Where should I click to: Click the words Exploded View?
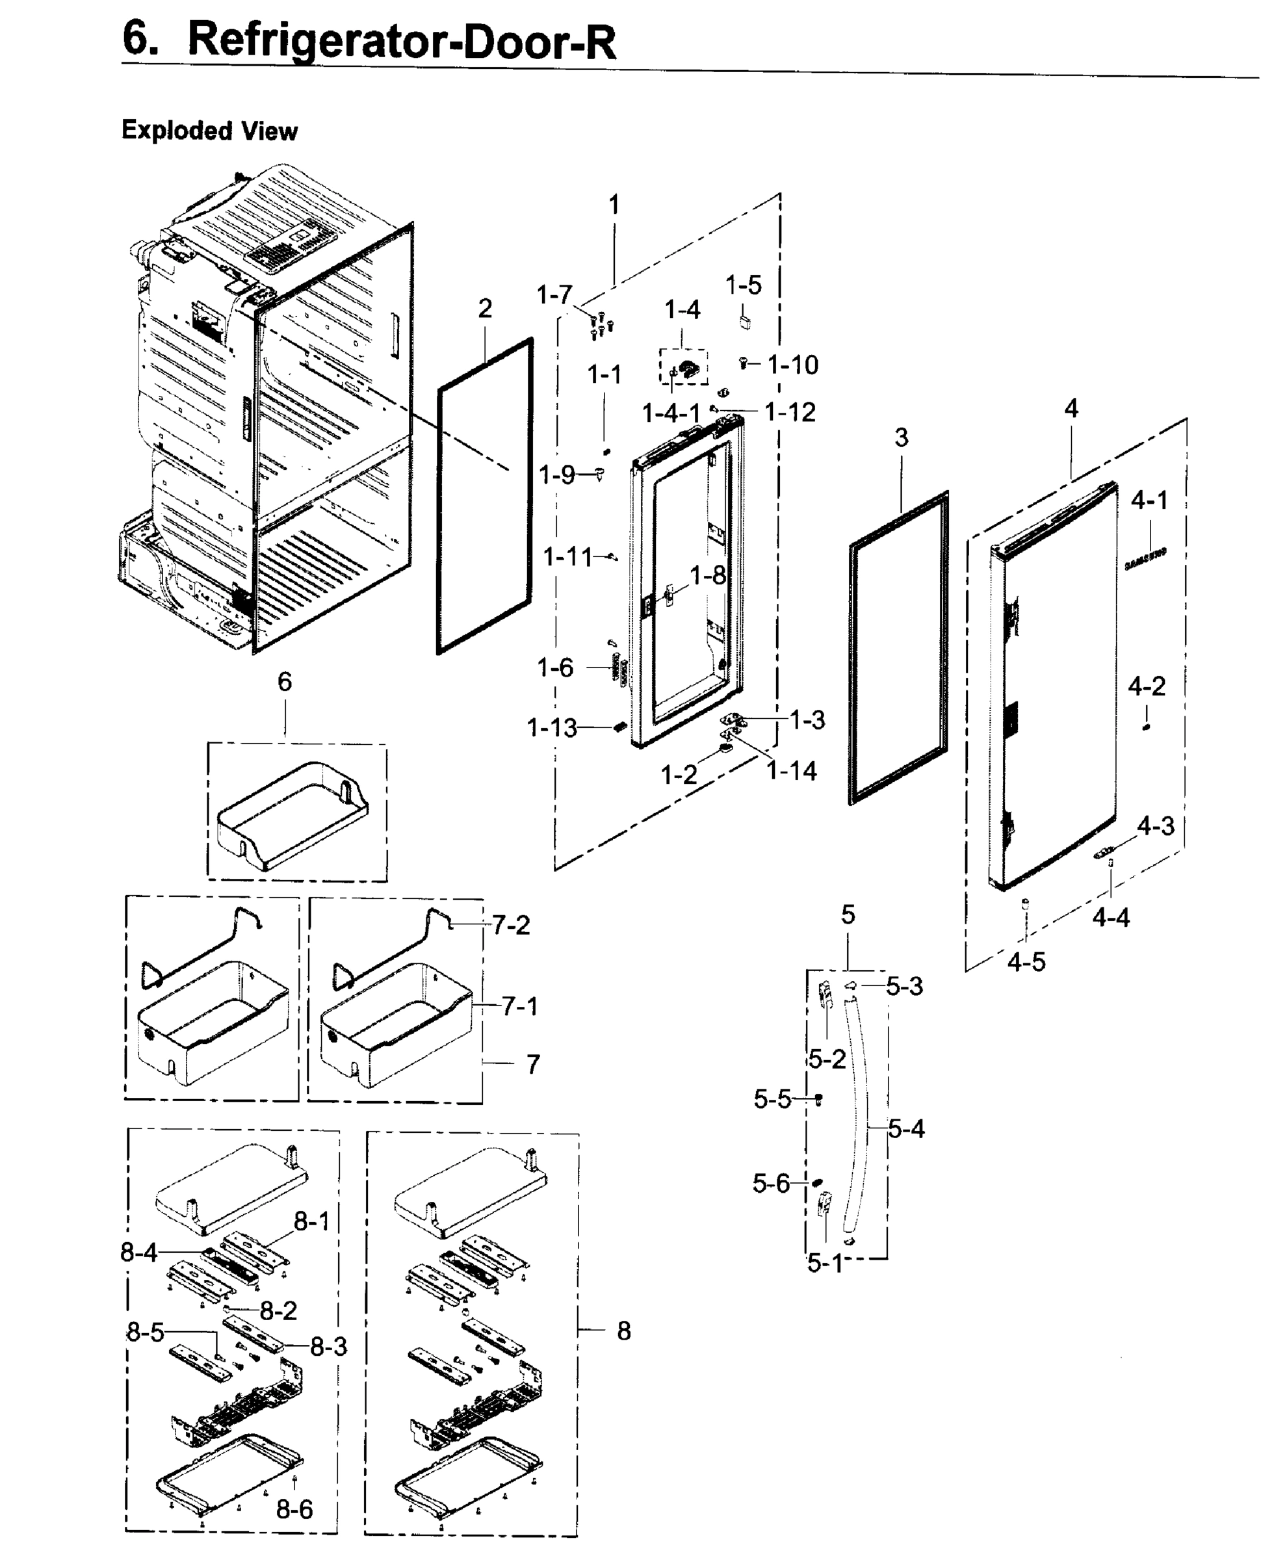click(209, 131)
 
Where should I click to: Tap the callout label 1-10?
click(792, 365)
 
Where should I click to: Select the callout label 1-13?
click(552, 728)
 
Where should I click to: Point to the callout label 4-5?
click(1026, 961)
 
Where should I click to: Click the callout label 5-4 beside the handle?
click(906, 1128)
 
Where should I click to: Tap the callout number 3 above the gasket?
click(901, 438)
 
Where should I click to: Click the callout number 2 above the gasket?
click(484, 309)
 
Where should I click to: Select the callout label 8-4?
click(138, 1252)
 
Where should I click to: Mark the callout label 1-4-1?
click(671, 413)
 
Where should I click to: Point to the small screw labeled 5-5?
click(819, 1098)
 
